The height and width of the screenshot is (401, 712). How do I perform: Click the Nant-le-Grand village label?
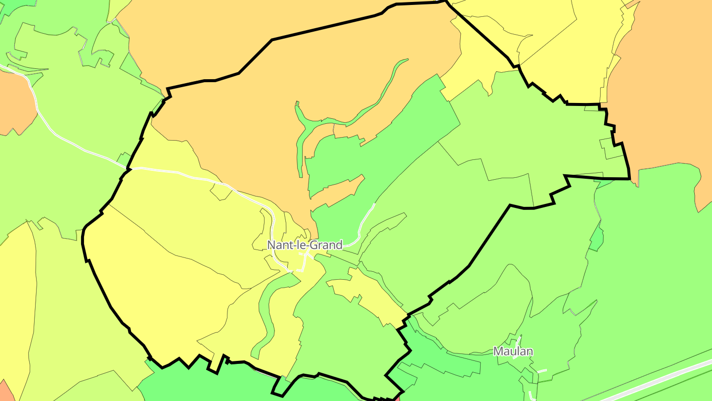pyautogui.click(x=305, y=245)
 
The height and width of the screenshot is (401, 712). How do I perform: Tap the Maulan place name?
pyautogui.click(x=513, y=351)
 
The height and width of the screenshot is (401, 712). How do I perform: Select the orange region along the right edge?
pyautogui.click(x=663, y=99)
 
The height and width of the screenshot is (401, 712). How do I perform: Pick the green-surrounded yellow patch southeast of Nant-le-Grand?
pyautogui.click(x=366, y=292)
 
